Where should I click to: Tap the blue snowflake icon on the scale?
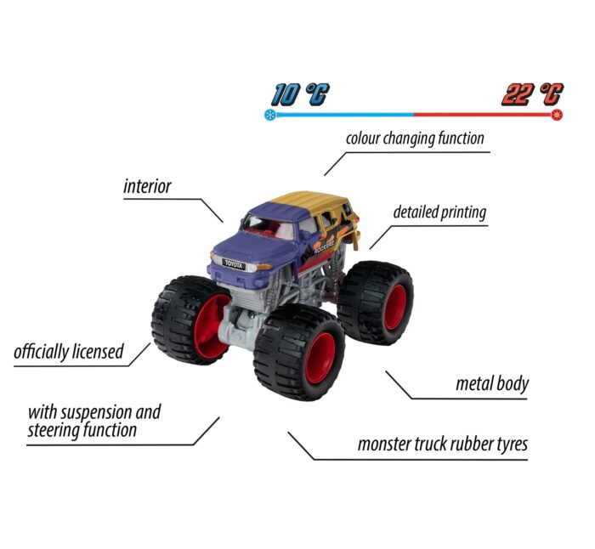click(x=269, y=115)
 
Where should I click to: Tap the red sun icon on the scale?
click(x=557, y=115)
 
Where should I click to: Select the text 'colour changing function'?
click(x=415, y=139)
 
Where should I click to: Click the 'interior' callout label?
click(x=147, y=186)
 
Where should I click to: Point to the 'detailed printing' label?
click(x=439, y=212)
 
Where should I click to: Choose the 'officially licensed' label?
click(x=69, y=352)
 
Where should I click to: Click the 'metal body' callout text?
click(x=492, y=383)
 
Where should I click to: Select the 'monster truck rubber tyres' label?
click(x=443, y=444)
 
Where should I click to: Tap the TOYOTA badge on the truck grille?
click(x=234, y=264)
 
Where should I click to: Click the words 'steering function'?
click(x=82, y=431)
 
